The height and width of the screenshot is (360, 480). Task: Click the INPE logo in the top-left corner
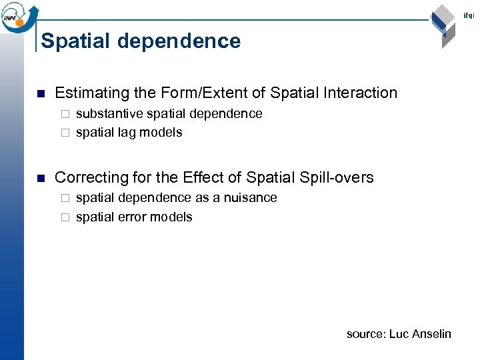point(18,16)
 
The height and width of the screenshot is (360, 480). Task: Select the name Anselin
point(432,334)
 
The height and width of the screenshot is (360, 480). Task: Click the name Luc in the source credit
point(399,334)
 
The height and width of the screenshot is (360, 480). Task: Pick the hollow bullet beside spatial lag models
point(65,133)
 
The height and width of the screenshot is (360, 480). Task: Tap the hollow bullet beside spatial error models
point(65,218)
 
